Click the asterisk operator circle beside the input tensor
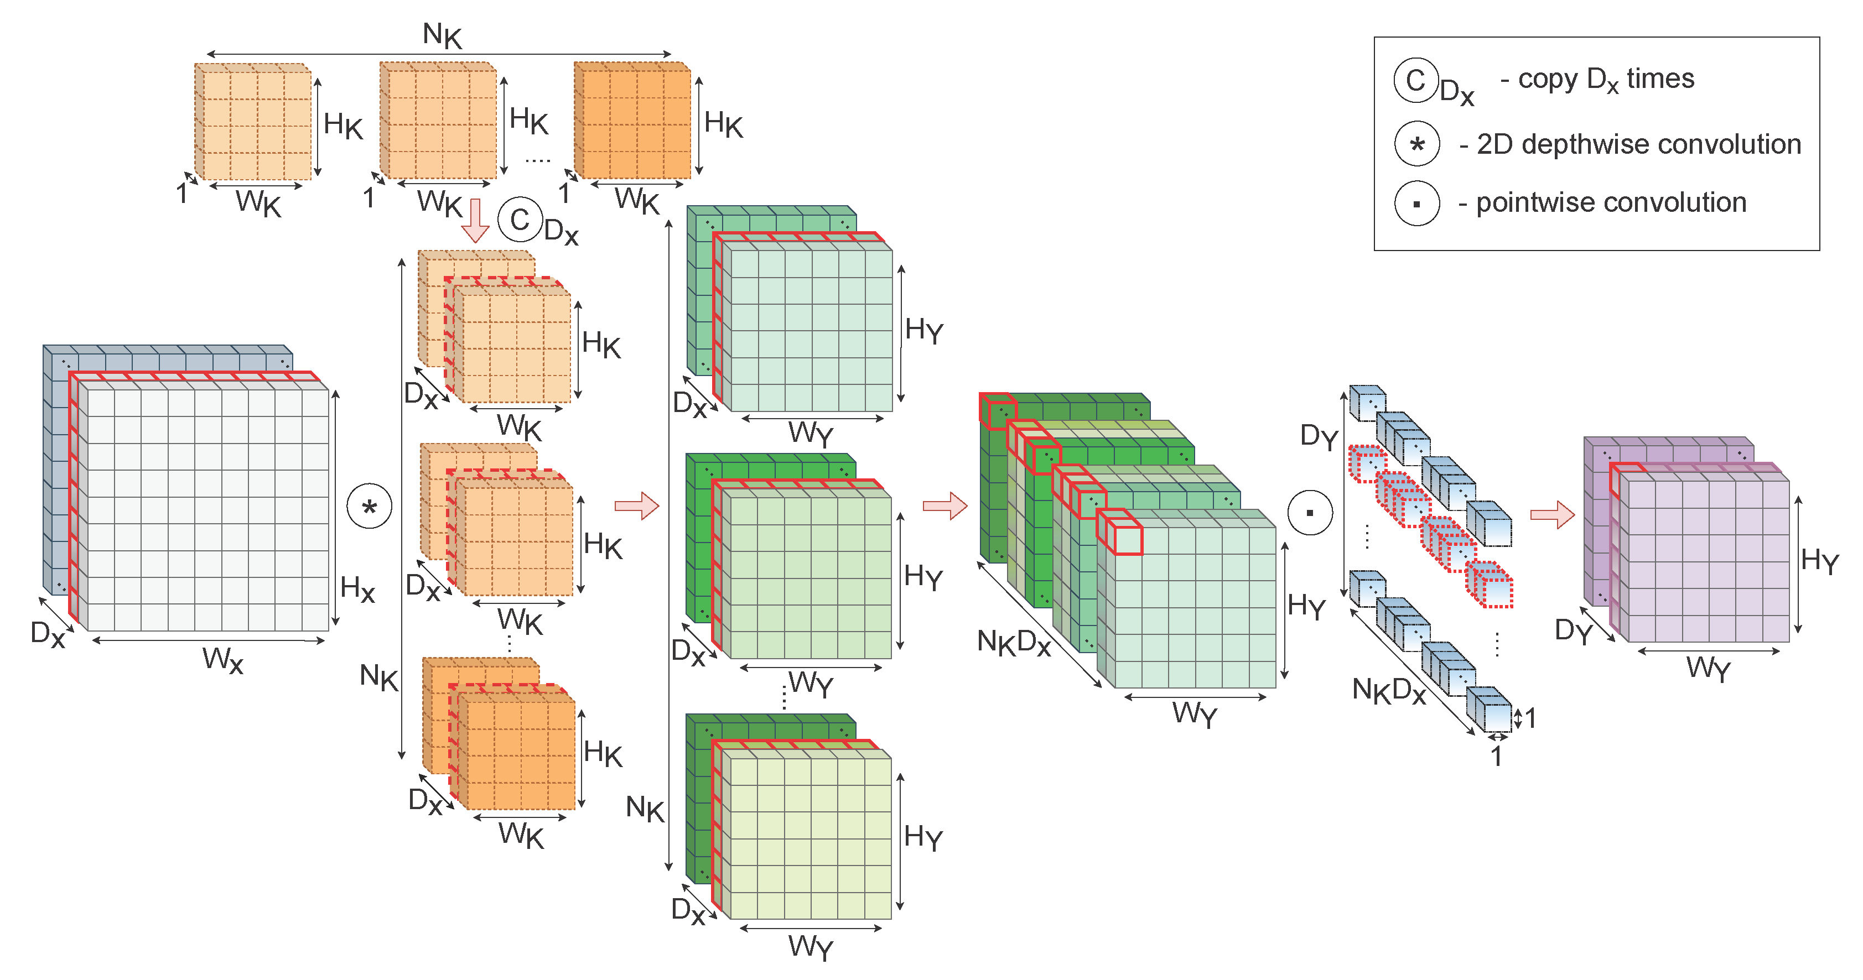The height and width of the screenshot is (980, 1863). pyautogui.click(x=370, y=507)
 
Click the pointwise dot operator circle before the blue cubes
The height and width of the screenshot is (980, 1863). pyautogui.click(x=1310, y=513)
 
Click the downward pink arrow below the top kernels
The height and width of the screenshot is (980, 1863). pyautogui.click(x=475, y=221)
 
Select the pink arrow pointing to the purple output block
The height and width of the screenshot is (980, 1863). pyautogui.click(x=1552, y=514)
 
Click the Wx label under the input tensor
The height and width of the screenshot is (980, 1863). pyautogui.click(x=222, y=660)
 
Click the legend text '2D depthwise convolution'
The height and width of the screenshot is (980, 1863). pyautogui.click(x=1638, y=144)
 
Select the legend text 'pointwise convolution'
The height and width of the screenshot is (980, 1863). pyautogui.click(x=1611, y=202)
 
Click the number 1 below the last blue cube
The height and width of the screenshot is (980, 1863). pyautogui.click(x=1496, y=757)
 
